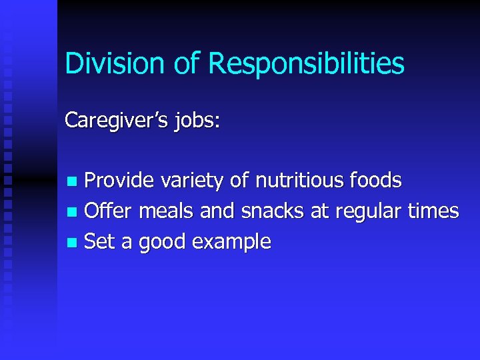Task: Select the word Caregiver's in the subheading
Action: tap(108, 121)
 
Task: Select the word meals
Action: tap(165, 211)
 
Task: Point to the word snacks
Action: tap(273, 211)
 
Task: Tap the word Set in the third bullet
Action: tap(99, 241)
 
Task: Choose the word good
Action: tap(163, 242)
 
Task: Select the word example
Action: tap(231, 242)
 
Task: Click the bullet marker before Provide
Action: tap(73, 181)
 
